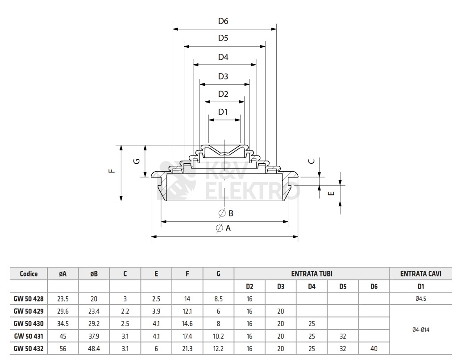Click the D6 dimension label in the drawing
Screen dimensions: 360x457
click(x=223, y=21)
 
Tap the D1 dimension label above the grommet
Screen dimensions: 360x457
click(x=223, y=112)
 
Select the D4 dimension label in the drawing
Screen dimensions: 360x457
click(x=223, y=58)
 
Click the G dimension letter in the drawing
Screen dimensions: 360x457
click(x=137, y=161)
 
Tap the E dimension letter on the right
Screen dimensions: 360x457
click(x=330, y=193)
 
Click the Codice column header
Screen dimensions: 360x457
click(x=29, y=274)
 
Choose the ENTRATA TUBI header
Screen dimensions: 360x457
click(x=312, y=274)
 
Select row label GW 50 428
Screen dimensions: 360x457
click(x=29, y=298)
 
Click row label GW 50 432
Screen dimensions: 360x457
click(x=29, y=348)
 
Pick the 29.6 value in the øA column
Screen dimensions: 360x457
click(x=63, y=311)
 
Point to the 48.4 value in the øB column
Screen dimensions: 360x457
click(x=94, y=348)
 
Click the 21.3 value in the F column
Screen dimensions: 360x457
click(x=187, y=348)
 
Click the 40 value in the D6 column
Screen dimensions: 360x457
click(x=374, y=348)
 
